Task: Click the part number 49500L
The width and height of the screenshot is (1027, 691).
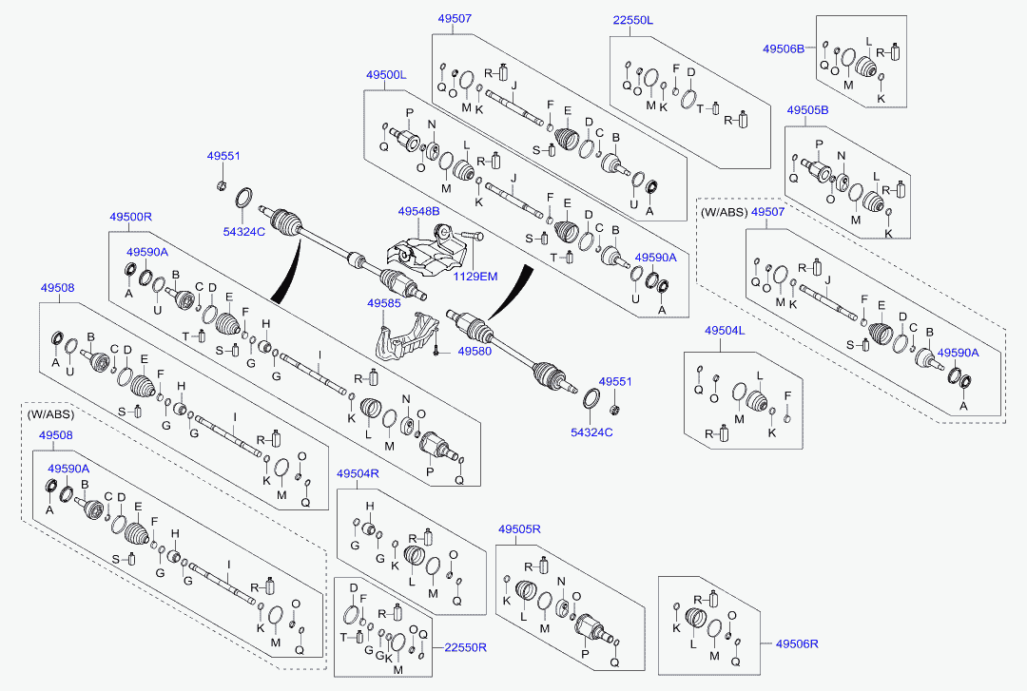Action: (385, 74)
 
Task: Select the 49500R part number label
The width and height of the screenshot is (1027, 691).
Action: (130, 217)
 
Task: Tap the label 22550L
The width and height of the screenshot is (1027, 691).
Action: (633, 20)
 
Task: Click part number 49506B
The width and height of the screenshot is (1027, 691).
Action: (784, 48)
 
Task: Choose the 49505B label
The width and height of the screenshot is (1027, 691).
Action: (807, 110)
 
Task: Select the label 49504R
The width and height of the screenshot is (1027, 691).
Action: (358, 473)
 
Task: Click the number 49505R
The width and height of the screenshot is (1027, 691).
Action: (519, 529)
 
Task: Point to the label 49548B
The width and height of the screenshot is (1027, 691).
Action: (418, 211)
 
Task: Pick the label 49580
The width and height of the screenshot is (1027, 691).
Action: (474, 351)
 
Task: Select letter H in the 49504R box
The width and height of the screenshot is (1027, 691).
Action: (370, 506)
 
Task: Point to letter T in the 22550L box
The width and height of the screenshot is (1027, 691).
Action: (700, 108)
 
